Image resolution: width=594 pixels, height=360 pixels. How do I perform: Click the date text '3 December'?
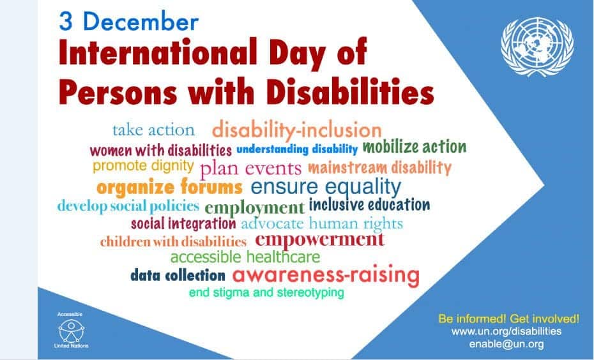tap(129, 21)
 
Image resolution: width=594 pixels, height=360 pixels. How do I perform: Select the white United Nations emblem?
tap(537, 47)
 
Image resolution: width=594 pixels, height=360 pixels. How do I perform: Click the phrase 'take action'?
tap(153, 130)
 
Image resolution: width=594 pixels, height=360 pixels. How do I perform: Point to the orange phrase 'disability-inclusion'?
tap(296, 130)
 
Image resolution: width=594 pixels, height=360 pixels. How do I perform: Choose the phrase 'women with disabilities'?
tap(160, 150)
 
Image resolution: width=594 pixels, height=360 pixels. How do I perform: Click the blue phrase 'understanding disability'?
tap(297, 149)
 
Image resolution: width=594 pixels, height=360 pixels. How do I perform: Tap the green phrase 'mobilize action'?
tap(415, 147)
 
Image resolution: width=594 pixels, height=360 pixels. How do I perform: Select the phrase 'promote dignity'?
tap(143, 166)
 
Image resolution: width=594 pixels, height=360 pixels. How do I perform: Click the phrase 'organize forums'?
tap(169, 187)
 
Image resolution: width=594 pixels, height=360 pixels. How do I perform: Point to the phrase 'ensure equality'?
tap(326, 186)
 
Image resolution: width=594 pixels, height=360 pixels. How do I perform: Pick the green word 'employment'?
tap(254, 207)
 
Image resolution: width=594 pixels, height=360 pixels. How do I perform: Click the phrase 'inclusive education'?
tap(369, 205)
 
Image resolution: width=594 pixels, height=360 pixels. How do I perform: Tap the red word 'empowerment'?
tap(320, 239)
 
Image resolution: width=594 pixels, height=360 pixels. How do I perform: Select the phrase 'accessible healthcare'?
tap(245, 257)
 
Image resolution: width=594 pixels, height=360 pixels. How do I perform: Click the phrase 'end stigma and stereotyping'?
tap(266, 292)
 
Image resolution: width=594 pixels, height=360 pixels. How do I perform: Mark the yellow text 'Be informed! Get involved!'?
tap(509, 319)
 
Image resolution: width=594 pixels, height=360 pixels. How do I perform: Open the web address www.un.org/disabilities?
tap(506, 331)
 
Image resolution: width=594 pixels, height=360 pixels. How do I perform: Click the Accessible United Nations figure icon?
tap(72, 331)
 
